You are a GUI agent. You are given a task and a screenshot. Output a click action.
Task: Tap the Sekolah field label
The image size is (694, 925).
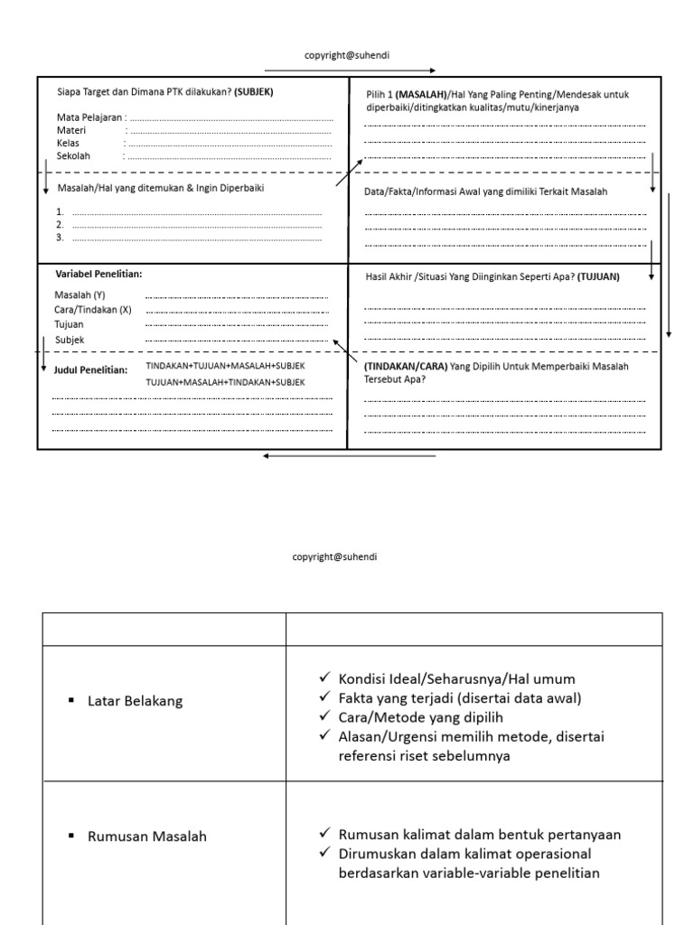coord(73,155)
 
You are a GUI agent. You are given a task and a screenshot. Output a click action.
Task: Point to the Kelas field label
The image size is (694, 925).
coord(69,143)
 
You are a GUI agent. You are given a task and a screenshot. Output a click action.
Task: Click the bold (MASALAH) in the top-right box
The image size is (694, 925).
coord(421,95)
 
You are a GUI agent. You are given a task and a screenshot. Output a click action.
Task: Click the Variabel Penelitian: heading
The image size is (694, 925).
coord(98,274)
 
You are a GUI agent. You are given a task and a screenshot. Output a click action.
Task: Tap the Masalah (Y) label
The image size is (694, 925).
coord(80,295)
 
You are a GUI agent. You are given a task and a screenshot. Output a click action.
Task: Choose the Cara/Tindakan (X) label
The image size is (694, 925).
coord(92,309)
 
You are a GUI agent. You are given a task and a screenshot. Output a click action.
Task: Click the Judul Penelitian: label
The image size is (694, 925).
coord(90,370)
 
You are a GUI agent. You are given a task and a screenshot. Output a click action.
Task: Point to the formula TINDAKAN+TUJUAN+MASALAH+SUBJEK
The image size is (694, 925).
coord(225,366)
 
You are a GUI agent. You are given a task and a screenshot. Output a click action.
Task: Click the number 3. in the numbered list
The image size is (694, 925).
coord(60,238)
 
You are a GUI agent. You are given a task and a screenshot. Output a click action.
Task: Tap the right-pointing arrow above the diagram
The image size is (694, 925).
coord(351,70)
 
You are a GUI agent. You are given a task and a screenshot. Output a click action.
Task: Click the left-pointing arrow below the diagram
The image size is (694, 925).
coord(349,456)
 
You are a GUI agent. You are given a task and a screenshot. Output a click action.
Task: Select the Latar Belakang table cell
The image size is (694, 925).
coord(135,701)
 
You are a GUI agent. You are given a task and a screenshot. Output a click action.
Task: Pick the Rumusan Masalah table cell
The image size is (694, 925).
coord(146,836)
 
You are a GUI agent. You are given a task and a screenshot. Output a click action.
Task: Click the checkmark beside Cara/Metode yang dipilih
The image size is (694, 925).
coord(325,717)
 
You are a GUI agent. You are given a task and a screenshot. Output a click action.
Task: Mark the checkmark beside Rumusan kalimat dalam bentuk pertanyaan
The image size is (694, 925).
coord(325,834)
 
